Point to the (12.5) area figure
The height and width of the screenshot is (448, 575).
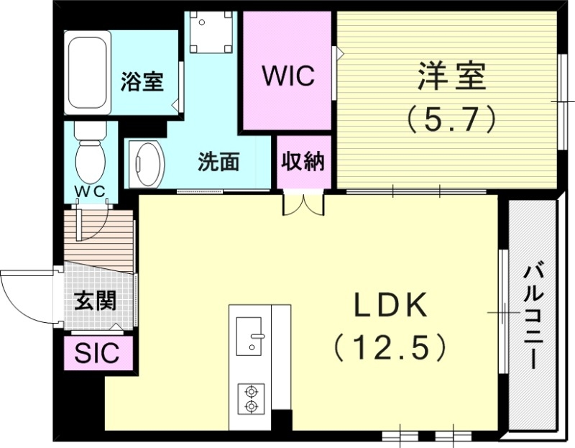tap(390, 348)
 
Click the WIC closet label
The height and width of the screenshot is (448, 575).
tap(287, 76)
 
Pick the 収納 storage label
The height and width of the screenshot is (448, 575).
tap(303, 162)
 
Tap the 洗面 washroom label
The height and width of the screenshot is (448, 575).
tap(218, 163)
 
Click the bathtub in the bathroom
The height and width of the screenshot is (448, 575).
tap(89, 72)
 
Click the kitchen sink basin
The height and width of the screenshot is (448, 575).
tap(250, 335)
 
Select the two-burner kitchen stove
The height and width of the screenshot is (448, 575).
tap(251, 398)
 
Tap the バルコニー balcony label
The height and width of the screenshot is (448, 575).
tap(533, 316)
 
